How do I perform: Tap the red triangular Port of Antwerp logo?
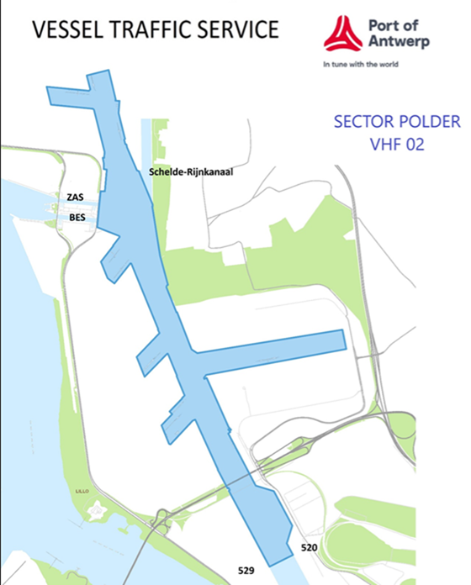[341, 34]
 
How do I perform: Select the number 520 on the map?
[308, 548]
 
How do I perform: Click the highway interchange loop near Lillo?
[156, 530]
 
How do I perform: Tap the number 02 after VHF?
[415, 144]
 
